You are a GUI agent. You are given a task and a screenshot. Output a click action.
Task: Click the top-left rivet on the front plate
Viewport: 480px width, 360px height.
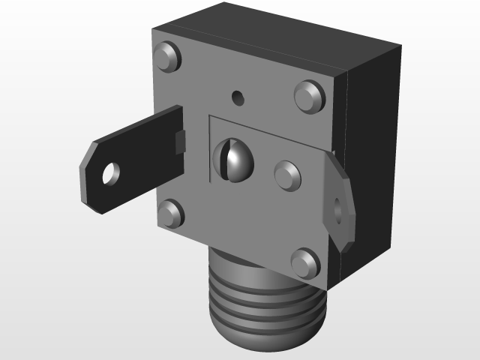pos(166,57)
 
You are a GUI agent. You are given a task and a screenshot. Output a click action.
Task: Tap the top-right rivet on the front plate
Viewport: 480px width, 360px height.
pos(308,95)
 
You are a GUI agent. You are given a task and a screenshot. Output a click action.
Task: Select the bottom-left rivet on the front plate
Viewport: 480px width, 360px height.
pos(171,214)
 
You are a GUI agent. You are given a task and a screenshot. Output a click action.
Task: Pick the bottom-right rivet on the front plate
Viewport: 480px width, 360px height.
pos(304,263)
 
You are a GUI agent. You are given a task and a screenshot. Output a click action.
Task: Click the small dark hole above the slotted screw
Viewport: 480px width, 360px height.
pos(238,97)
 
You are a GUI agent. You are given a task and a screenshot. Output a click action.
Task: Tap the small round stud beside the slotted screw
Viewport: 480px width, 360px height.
pos(287,174)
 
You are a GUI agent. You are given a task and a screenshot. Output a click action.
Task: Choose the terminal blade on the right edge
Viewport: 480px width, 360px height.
pos(339,202)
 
